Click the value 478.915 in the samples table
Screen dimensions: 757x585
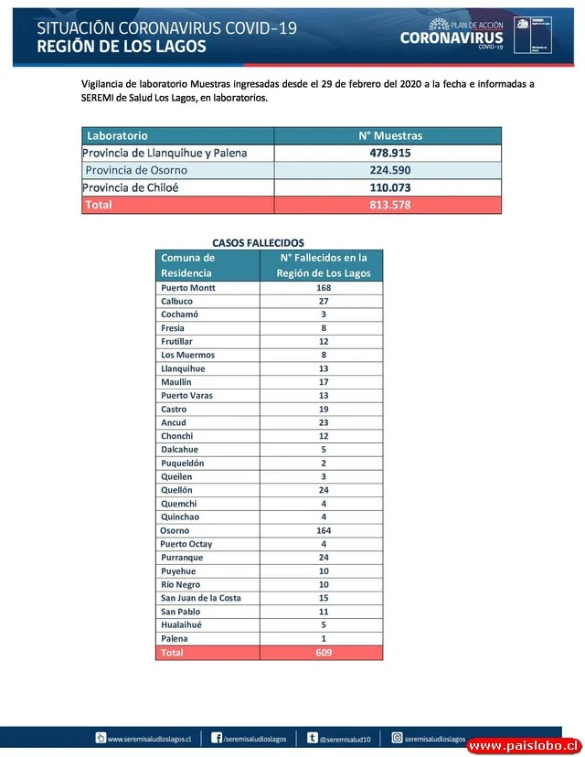[x=390, y=154]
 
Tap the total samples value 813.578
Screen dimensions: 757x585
[x=390, y=205]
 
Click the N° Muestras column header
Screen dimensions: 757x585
[x=390, y=135]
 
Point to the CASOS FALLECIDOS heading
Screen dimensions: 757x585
[x=258, y=243]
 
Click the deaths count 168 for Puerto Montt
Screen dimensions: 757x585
[x=324, y=288]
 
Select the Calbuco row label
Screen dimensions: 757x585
[x=176, y=301]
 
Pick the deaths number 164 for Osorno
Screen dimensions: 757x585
[x=324, y=530]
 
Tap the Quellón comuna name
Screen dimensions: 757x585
[x=177, y=490]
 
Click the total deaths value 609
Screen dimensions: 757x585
[x=324, y=653]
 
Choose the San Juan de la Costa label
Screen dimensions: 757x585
[x=201, y=598]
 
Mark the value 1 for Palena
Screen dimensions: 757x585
[x=324, y=638]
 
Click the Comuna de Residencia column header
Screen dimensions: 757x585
[x=187, y=265]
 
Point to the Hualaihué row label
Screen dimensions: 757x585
[x=182, y=625]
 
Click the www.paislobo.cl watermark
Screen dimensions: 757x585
[x=523, y=747]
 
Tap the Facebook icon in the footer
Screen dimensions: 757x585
[x=217, y=738]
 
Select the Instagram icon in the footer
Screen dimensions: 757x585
[x=397, y=738]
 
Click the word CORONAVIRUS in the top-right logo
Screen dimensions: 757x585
[x=451, y=37]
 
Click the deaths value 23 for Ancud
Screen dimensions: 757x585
[x=324, y=422]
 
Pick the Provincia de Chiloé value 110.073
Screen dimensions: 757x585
[x=390, y=188]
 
